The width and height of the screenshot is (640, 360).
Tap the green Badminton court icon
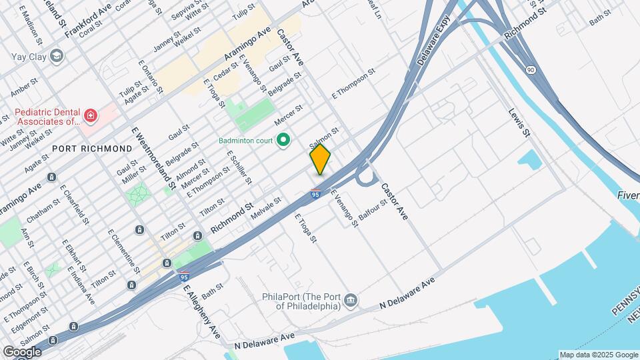click(283, 140)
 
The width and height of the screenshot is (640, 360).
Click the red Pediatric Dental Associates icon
click(90, 117)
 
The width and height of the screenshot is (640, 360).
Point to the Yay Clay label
click(29, 57)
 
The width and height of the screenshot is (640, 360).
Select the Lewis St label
click(519, 123)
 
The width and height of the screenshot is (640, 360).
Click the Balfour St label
click(372, 213)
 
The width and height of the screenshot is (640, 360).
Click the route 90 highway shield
click(530, 69)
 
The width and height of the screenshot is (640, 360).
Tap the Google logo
click(22, 351)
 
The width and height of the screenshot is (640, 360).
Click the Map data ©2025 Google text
click(598, 355)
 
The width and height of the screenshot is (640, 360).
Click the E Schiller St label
click(239, 166)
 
